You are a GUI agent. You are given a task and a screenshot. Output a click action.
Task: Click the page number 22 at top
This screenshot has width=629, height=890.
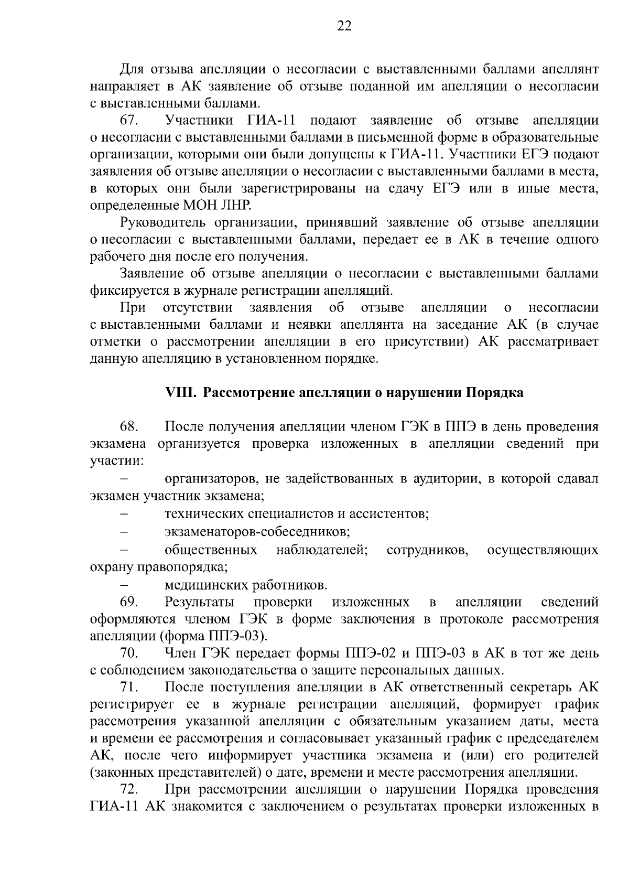click(344, 27)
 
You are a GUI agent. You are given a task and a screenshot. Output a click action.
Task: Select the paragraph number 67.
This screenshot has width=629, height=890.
click(129, 121)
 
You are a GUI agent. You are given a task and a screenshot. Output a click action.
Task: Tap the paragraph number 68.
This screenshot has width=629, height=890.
click(129, 427)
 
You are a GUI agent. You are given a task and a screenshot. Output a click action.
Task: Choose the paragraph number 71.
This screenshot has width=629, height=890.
click(129, 688)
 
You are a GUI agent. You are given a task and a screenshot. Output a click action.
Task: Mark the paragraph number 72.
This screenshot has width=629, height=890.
click(129, 789)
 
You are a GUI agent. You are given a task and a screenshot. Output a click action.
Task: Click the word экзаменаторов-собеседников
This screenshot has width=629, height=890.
click(257, 532)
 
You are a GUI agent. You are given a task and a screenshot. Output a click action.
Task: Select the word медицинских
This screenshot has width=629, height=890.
click(208, 585)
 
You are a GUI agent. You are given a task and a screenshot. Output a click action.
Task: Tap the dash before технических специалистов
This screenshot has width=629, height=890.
click(125, 514)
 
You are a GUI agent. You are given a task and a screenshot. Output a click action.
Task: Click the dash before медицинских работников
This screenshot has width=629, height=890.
click(125, 585)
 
